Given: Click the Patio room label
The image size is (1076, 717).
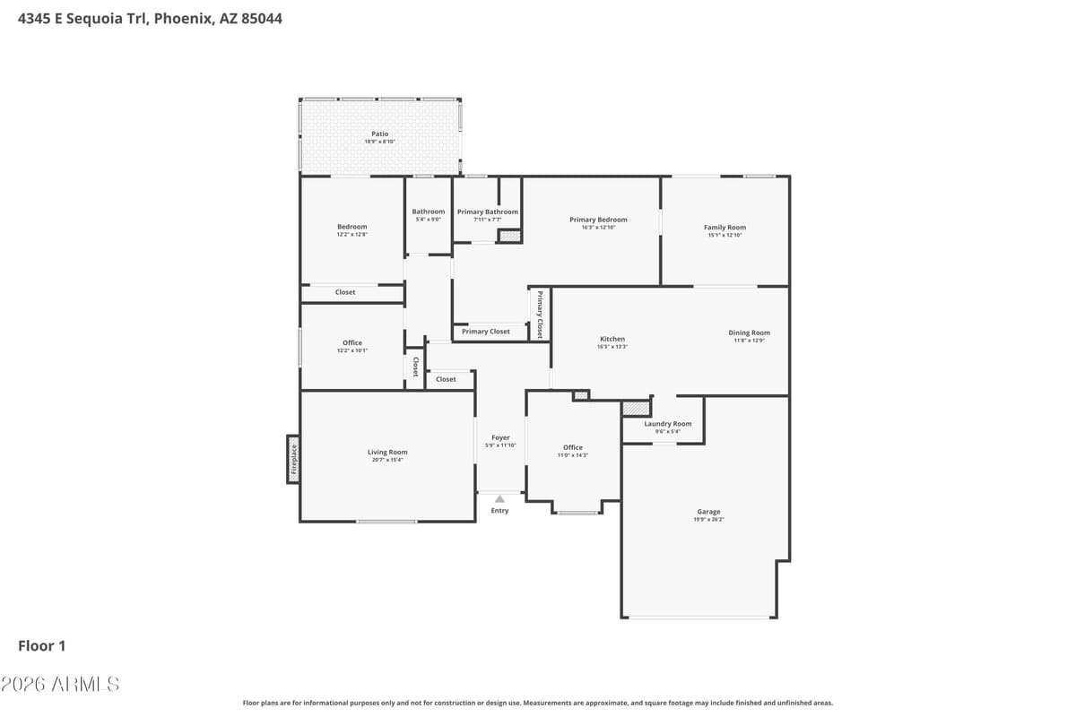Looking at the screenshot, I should pos(380,134).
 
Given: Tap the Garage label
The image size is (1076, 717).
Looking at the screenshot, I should pos(708,512).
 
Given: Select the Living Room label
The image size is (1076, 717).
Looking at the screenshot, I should pos(387,453).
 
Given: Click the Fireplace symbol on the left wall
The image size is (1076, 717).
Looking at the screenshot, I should pos(293,459).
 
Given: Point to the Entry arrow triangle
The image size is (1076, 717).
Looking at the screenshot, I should pos(499,498).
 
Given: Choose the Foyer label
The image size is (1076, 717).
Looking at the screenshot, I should pos(500,437).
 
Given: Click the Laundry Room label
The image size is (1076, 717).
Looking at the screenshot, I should pos(668,424).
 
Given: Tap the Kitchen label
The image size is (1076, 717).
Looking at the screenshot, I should pos(612,339).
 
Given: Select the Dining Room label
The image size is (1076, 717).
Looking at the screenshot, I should pos(749,333).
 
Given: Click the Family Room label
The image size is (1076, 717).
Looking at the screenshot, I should pos(725,228).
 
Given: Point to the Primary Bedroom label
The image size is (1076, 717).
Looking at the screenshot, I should pos(598,220).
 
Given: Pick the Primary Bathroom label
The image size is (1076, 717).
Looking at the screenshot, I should pos(488,212).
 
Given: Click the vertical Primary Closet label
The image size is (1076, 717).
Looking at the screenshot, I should pos(540,314).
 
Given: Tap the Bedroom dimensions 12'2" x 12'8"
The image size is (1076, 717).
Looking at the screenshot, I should pos(351,235).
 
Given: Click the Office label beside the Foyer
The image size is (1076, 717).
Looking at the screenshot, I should pos(573,447).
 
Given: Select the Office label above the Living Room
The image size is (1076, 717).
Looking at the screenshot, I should pos(352,342).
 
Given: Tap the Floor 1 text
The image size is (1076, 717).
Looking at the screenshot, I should pos(42,645).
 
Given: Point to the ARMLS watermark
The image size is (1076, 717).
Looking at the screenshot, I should pos(60,684).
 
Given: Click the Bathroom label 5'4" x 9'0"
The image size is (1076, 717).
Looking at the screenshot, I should pos(429,220).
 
